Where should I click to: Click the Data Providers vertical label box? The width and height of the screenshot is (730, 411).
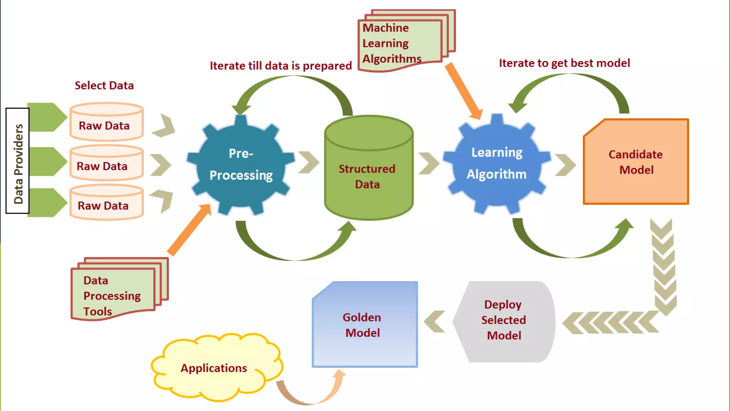[17, 161]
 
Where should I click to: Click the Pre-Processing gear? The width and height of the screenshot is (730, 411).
[241, 164]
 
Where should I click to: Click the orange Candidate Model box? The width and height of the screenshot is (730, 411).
[636, 162]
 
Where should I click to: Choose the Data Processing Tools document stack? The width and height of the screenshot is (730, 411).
[114, 293]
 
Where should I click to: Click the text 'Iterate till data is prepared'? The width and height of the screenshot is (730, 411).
[281, 66]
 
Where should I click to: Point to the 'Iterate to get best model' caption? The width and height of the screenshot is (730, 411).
[564, 63]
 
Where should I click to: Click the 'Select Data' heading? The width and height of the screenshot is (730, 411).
[104, 86]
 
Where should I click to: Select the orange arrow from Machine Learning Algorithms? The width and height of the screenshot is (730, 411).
[463, 91]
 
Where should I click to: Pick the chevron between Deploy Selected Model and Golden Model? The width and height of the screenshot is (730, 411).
[435, 321]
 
